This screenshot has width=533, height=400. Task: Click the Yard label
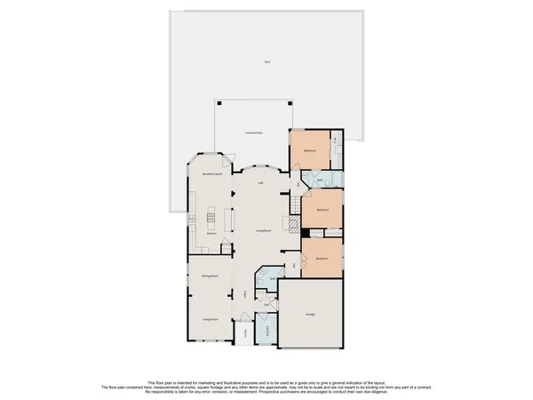point(265,61)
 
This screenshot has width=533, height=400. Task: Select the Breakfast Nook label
point(211,174)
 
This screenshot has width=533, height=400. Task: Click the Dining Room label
point(210,276)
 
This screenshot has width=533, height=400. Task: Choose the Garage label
point(310,315)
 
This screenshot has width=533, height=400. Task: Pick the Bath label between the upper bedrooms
point(320,180)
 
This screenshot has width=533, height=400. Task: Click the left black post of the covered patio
point(216,100)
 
